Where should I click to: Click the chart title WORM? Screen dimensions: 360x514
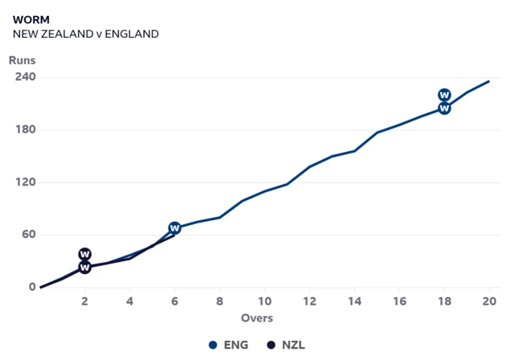coord(31,18)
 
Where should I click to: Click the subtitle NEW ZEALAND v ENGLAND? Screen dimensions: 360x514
coord(86,34)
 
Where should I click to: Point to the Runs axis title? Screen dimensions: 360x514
coord(22,60)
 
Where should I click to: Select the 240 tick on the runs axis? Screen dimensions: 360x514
coord(26,77)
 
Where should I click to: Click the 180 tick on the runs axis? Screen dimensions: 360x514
coord(26,129)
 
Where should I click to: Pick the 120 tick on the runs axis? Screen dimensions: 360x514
coord(26,182)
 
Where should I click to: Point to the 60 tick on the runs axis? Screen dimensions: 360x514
coord(29,235)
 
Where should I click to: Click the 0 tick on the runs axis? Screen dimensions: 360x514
coord(32,287)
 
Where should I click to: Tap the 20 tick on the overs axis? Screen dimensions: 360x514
coord(488,301)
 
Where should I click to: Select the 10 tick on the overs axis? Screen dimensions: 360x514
coord(264,301)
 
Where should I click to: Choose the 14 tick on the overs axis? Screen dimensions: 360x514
coord(354,301)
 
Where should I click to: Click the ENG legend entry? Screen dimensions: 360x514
coord(229,345)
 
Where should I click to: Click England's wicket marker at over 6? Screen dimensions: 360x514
coord(174,228)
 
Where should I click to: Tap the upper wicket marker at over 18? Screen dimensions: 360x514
coord(444,95)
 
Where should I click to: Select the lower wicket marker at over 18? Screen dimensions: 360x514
coord(444,108)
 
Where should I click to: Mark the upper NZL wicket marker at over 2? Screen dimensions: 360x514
coord(84,254)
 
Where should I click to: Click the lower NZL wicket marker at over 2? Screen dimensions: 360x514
coord(84,267)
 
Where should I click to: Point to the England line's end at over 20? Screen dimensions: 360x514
coord(489,81)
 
